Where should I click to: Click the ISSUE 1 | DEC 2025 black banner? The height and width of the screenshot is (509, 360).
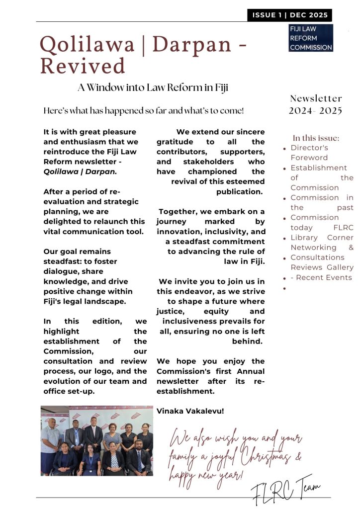click(289, 15)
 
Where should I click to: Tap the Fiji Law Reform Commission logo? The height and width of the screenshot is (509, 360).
click(311, 38)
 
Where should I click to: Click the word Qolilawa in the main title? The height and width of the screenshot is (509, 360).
click(87, 45)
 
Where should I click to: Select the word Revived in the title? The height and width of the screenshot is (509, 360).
click(83, 66)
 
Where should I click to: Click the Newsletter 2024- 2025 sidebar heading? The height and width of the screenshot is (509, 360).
click(316, 104)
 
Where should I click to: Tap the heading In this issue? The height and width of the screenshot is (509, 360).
click(316, 138)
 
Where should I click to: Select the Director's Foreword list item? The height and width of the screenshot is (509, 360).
click(309, 153)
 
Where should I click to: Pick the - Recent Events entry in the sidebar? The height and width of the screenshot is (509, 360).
click(321, 277)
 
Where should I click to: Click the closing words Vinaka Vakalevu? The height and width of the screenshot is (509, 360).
click(182, 411)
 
